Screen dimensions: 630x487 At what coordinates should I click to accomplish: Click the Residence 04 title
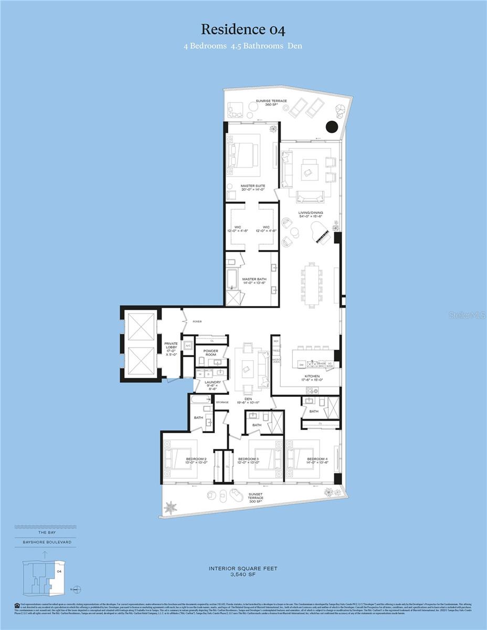click(x=243, y=30)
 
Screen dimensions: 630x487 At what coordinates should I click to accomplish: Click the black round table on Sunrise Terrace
click(x=332, y=127)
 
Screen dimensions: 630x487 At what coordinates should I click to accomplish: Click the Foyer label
click(x=197, y=322)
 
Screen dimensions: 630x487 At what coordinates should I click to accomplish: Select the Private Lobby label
click(x=171, y=347)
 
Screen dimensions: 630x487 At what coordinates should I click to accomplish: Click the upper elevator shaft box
click(x=141, y=327)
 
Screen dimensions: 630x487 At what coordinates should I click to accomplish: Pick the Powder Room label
click(x=210, y=353)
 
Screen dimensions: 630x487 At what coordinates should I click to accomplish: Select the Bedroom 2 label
click(x=196, y=460)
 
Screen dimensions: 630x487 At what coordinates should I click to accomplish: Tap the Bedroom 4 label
click(x=317, y=460)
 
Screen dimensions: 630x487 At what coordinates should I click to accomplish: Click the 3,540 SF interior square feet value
click(x=243, y=575)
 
